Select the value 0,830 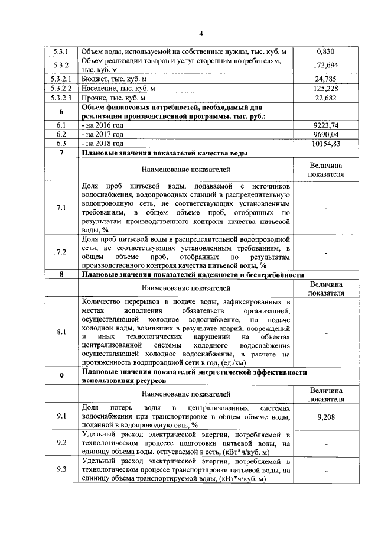(x=326, y=51)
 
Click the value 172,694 (x=326, y=65)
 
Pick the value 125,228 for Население (x=326, y=88)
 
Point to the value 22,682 (x=326, y=98)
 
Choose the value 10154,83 (x=326, y=144)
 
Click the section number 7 (x=61, y=153)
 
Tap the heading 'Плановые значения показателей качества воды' (x=164, y=153)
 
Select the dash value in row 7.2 (x=326, y=253)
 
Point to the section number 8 (x=61, y=275)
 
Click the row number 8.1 (x=61, y=332)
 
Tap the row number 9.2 (x=61, y=442)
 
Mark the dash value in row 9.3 (x=326, y=470)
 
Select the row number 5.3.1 (x=61, y=51)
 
